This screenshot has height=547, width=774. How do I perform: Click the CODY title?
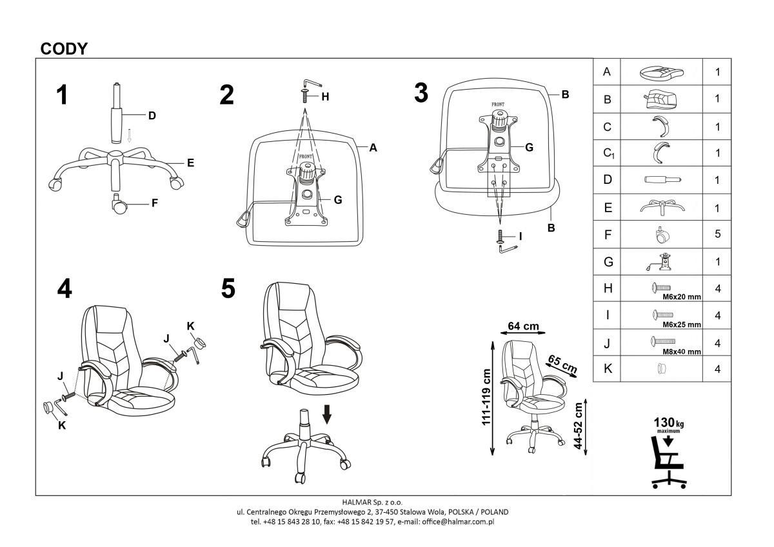(64, 48)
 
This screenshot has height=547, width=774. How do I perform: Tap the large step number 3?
(421, 94)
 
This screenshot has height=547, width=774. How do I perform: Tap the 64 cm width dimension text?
(523, 326)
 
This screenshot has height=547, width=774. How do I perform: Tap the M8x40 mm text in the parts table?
(681, 352)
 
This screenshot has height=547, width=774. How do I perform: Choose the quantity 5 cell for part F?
(717, 234)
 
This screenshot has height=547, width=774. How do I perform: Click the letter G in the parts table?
(606, 261)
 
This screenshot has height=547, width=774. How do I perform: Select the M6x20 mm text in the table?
(681, 297)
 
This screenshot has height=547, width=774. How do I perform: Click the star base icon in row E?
(661, 207)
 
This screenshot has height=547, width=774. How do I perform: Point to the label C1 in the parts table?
(607, 154)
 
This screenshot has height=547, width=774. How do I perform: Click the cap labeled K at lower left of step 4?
(48, 408)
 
